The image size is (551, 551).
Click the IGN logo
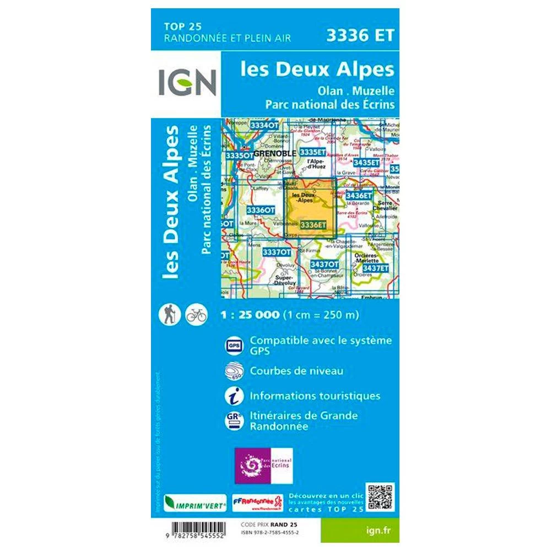[186, 82]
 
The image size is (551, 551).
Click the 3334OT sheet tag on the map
[264, 126]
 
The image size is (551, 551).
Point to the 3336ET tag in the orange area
[314, 224]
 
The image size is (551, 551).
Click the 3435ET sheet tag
[366, 163]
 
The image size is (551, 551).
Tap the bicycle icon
[196, 315]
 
